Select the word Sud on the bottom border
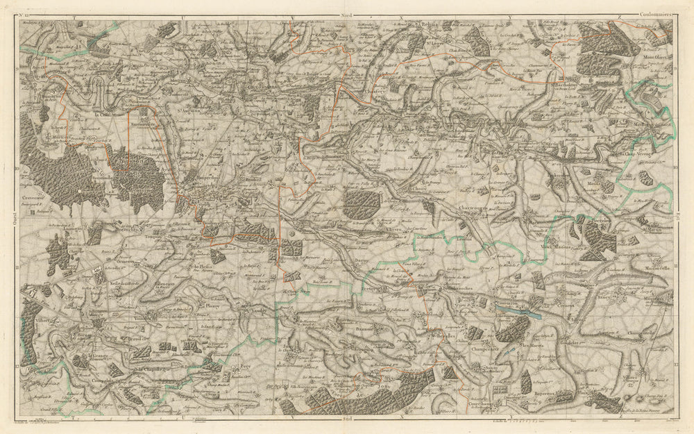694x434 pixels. (346, 419)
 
